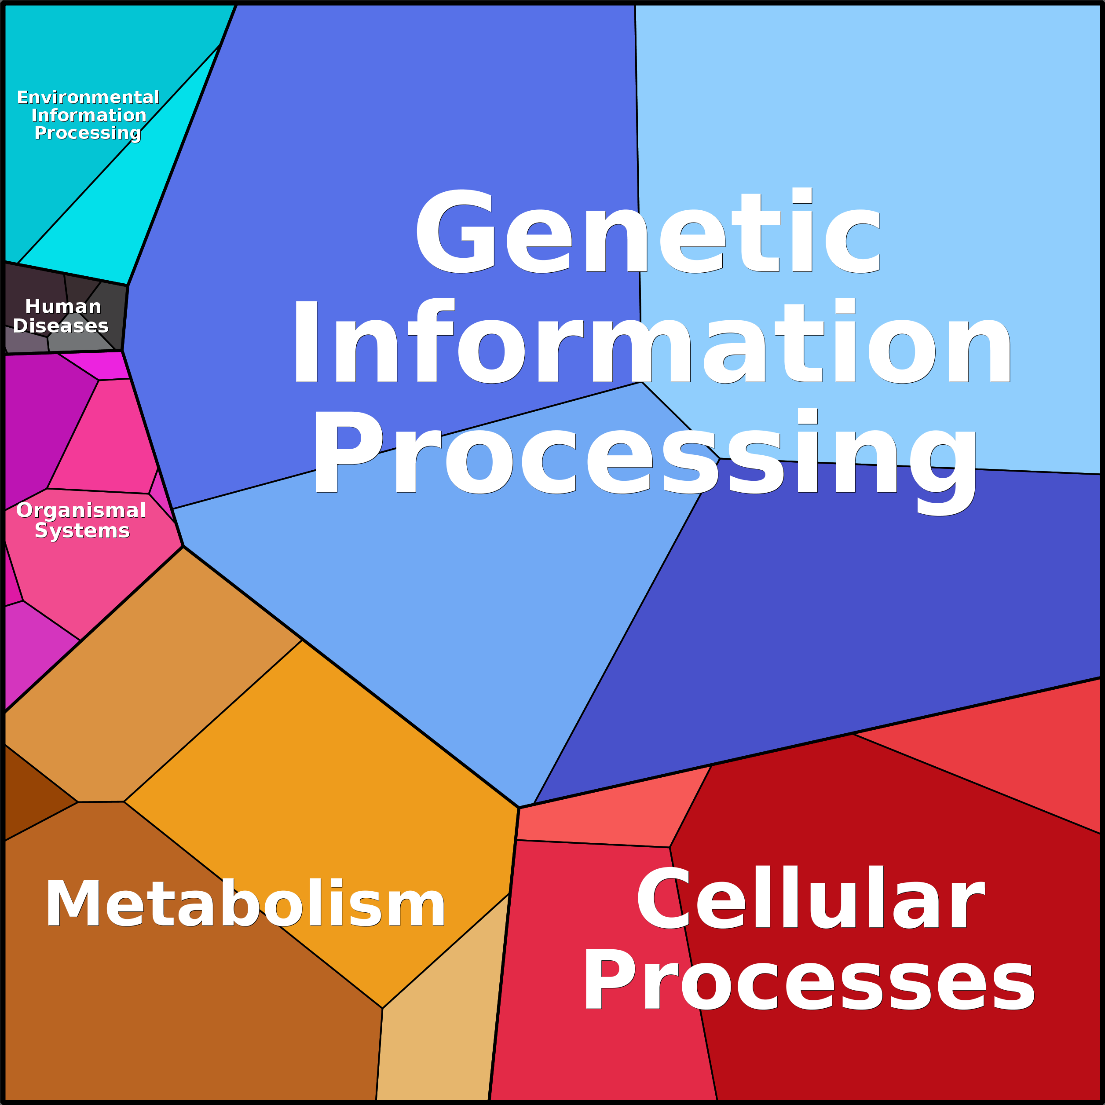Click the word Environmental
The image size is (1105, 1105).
pos(88,97)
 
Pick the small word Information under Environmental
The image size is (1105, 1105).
pos(89,115)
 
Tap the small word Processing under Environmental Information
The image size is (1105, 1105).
pos(88,133)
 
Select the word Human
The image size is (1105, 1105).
pos(63,307)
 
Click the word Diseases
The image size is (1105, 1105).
pos(61,326)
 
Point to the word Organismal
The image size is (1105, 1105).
pos(81,511)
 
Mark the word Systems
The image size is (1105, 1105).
pos(82,531)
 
